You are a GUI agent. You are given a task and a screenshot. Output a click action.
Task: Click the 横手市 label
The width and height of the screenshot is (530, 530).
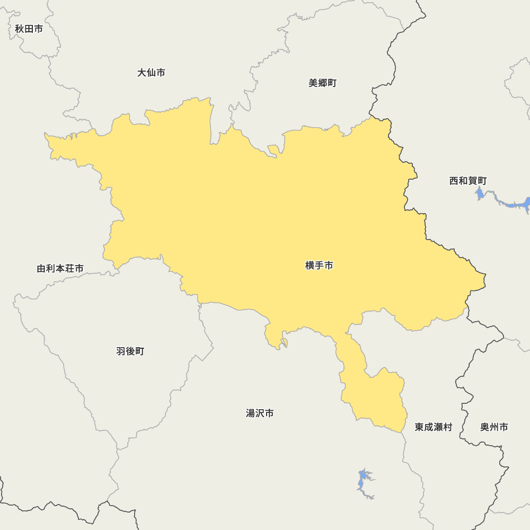click(319, 266)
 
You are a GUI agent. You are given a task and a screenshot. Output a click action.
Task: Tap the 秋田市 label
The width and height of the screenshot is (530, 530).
click(29, 29)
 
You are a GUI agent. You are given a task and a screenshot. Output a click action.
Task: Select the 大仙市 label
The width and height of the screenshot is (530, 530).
click(151, 73)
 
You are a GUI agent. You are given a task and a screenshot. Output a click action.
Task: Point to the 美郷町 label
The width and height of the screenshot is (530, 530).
click(322, 83)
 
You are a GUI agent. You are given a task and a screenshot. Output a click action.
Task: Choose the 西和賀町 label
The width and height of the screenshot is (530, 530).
click(467, 181)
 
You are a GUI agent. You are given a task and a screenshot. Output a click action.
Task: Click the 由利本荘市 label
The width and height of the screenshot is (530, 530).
click(60, 269)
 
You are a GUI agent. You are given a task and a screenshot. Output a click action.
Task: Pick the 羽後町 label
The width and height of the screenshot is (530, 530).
click(130, 351)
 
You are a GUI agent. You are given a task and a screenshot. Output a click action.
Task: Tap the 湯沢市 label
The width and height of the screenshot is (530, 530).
click(260, 413)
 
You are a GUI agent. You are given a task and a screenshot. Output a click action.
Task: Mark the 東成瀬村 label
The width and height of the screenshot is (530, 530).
click(434, 427)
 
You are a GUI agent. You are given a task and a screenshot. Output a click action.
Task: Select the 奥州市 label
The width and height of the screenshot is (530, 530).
click(494, 427)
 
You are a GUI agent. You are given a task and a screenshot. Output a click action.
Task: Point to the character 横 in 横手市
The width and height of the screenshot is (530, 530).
click(310, 266)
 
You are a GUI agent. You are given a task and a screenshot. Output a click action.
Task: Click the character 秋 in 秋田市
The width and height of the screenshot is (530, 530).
click(20, 29)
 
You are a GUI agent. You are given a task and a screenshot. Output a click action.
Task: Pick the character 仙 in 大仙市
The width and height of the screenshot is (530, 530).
click(151, 73)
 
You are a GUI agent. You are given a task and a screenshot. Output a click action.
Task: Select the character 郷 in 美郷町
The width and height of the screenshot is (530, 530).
click(322, 83)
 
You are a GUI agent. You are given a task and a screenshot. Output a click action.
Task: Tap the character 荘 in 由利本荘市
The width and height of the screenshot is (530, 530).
click(69, 269)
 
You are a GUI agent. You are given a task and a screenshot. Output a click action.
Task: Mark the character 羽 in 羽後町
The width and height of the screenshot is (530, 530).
click(121, 351)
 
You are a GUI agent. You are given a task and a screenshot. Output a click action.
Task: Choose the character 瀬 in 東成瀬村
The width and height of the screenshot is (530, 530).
click(438, 427)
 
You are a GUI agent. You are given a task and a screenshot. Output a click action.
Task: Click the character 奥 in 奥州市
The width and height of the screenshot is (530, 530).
click(484, 427)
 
